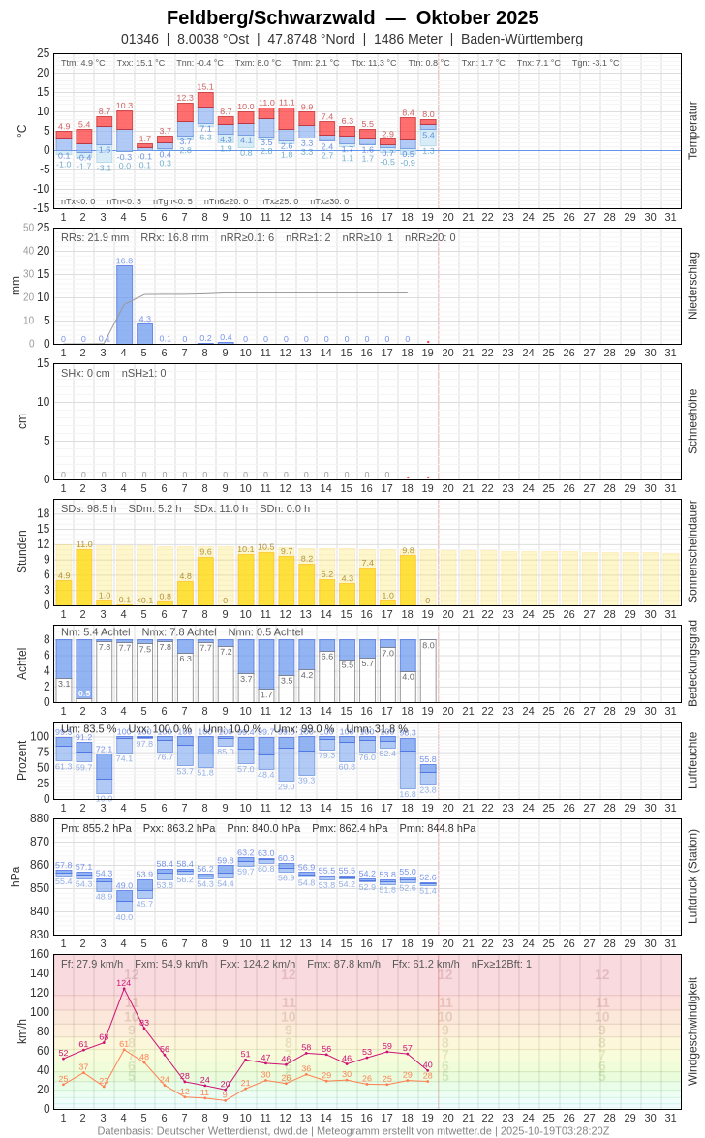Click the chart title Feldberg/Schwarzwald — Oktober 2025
pos(352,17)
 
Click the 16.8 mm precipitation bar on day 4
pos(124,304)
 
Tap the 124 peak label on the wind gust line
pos(124,983)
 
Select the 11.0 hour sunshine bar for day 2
pos(83,577)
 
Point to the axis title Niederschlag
pos(692,286)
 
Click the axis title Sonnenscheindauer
pos(692,552)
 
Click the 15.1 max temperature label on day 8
pos(205,86)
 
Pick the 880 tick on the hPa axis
pos(40,818)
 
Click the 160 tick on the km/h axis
pos(40,954)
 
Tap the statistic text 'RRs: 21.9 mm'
pos(95,237)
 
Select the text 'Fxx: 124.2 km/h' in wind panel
pos(258,964)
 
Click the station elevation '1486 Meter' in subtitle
pos(408,39)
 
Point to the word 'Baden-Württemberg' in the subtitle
pos(522,39)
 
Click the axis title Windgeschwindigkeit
pos(692,1030)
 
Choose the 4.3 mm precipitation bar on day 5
pos(144,334)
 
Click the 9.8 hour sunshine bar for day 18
pos(408,580)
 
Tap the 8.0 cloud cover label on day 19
pos(428,645)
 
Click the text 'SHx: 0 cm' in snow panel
pos(85,373)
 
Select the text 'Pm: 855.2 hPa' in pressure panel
pos(96,828)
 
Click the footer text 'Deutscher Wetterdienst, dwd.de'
pos(230,1130)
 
